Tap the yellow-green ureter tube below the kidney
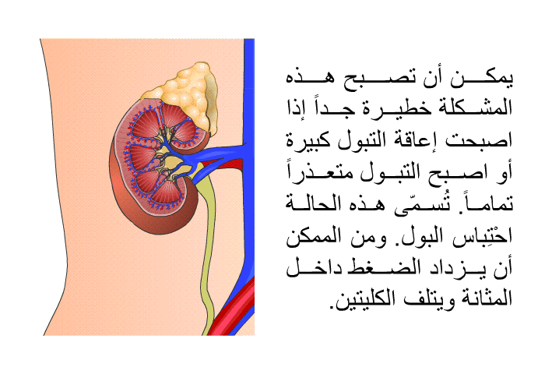(x=207, y=250)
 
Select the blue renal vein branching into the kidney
(x=212, y=156)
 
